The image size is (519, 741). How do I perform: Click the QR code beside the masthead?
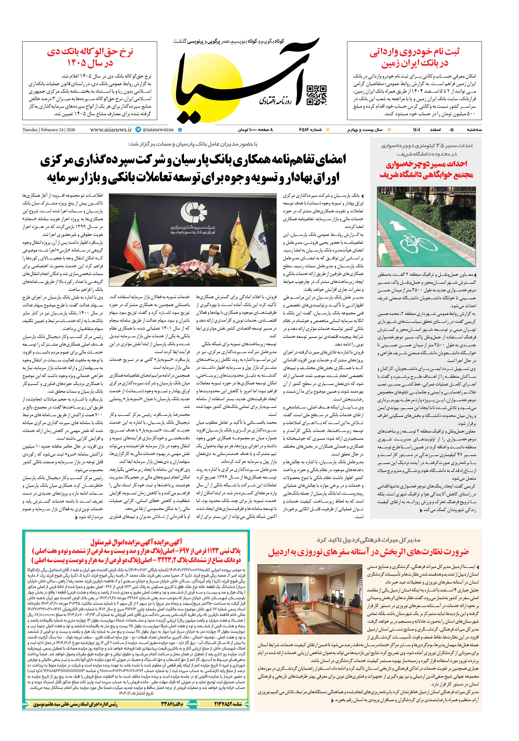point(316,95)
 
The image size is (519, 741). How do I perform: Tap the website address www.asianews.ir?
point(111,130)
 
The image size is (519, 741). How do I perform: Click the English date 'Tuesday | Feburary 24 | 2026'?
point(49,130)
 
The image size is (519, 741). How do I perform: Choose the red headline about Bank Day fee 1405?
point(90,57)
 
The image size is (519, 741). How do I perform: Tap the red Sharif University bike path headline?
point(426,169)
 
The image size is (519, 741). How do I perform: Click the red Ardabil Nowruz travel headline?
point(368,552)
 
